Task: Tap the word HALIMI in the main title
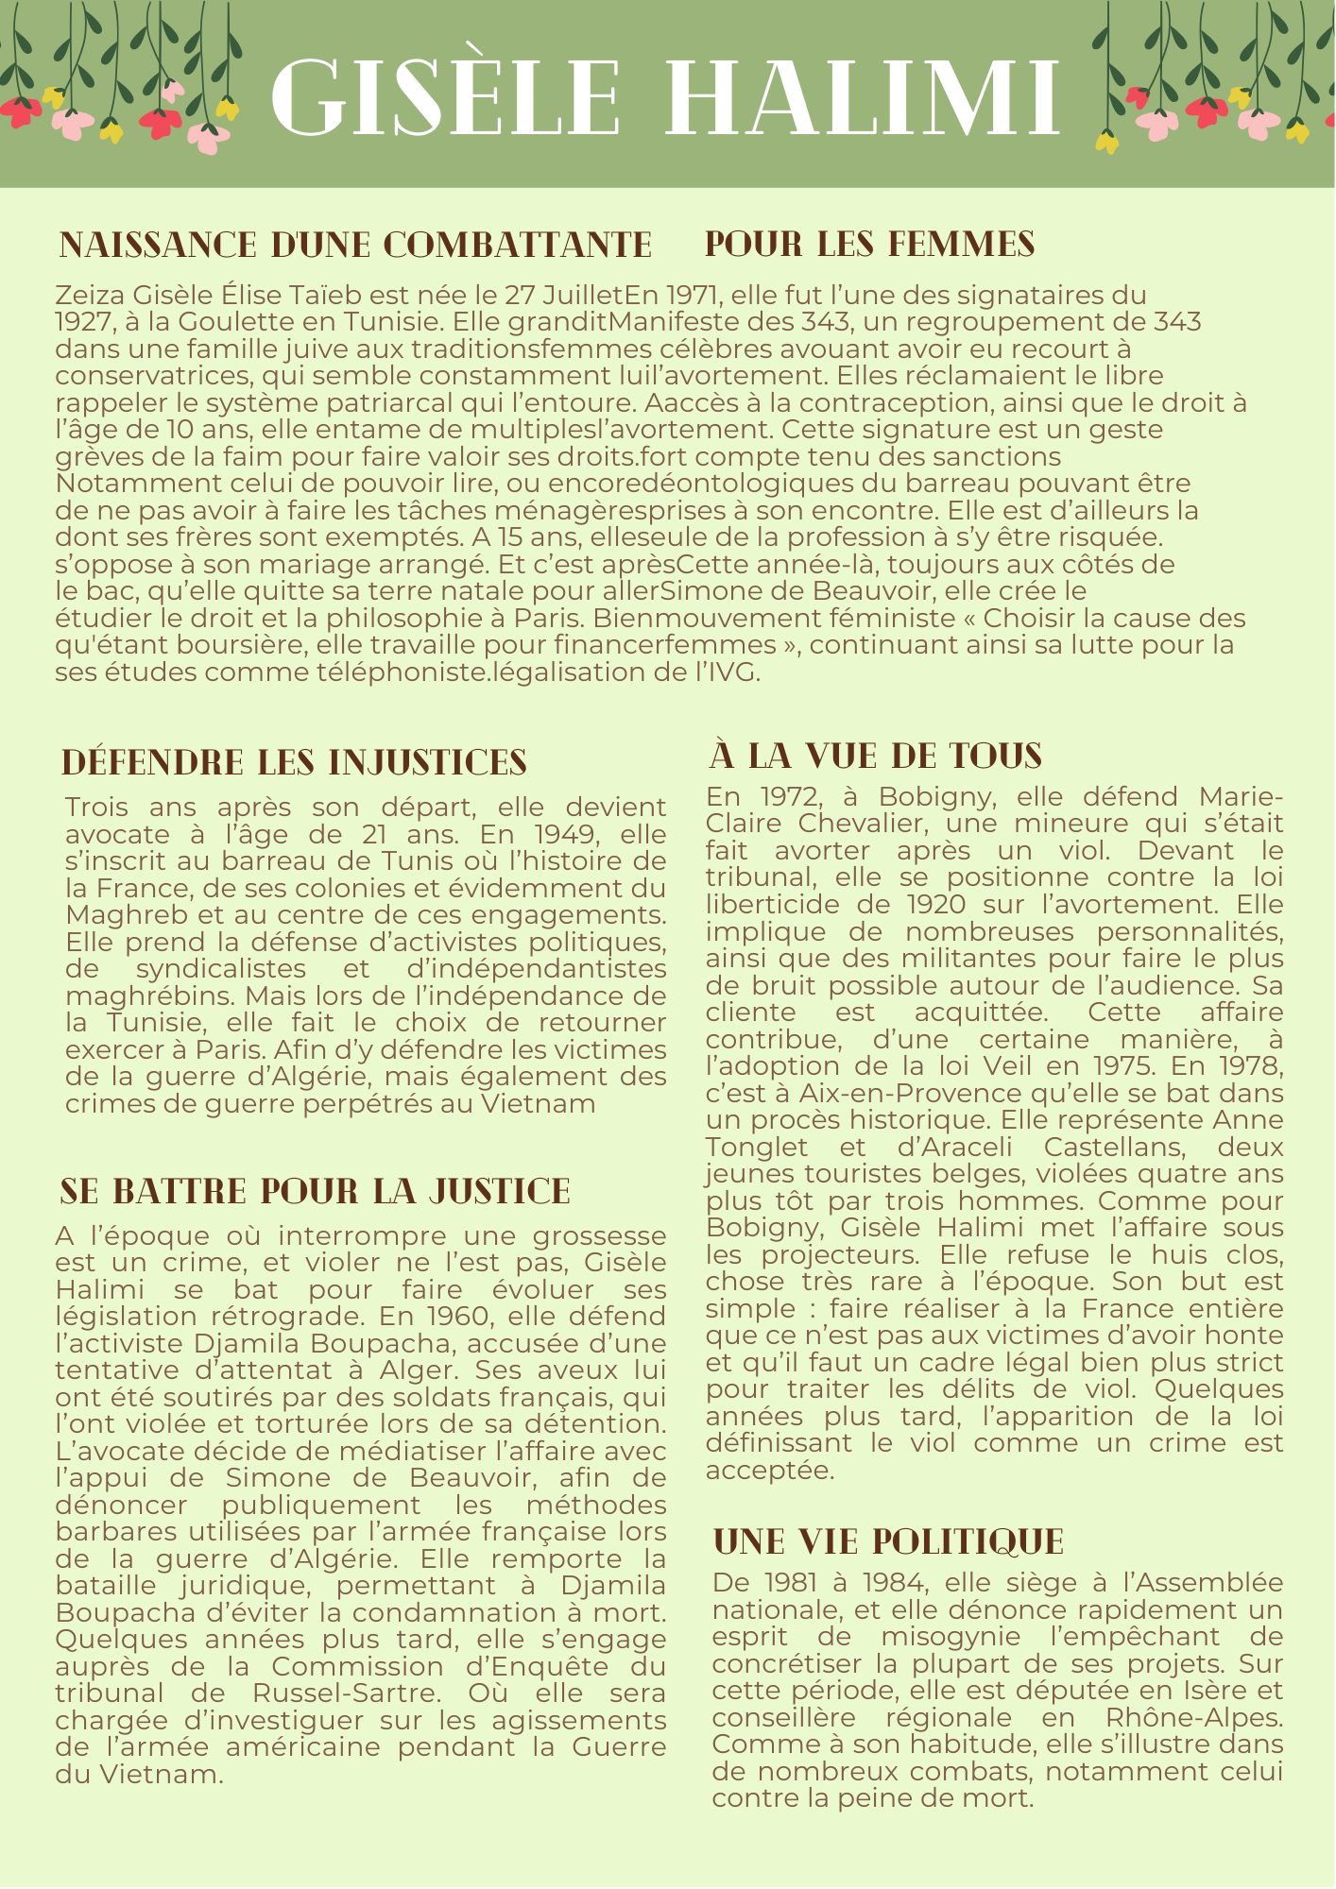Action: (870, 99)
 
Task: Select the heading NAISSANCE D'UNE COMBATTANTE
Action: (355, 246)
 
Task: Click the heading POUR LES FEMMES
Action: (869, 245)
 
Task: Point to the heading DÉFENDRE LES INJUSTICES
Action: (294, 763)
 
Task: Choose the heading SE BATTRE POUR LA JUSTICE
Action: (315, 1192)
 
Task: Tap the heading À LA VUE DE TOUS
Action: (875, 757)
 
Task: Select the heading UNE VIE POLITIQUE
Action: (888, 1542)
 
